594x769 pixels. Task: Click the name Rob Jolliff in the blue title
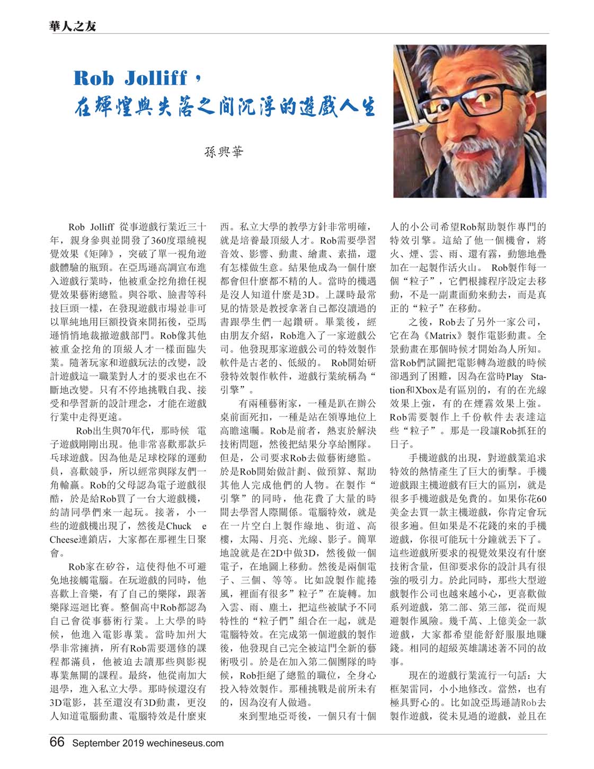(131, 78)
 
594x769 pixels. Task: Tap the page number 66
(57, 741)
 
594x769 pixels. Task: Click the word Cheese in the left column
(65, 540)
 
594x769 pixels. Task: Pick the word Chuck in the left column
(179, 526)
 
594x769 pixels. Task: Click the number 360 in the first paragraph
(158, 240)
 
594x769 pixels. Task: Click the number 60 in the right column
(541, 498)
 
